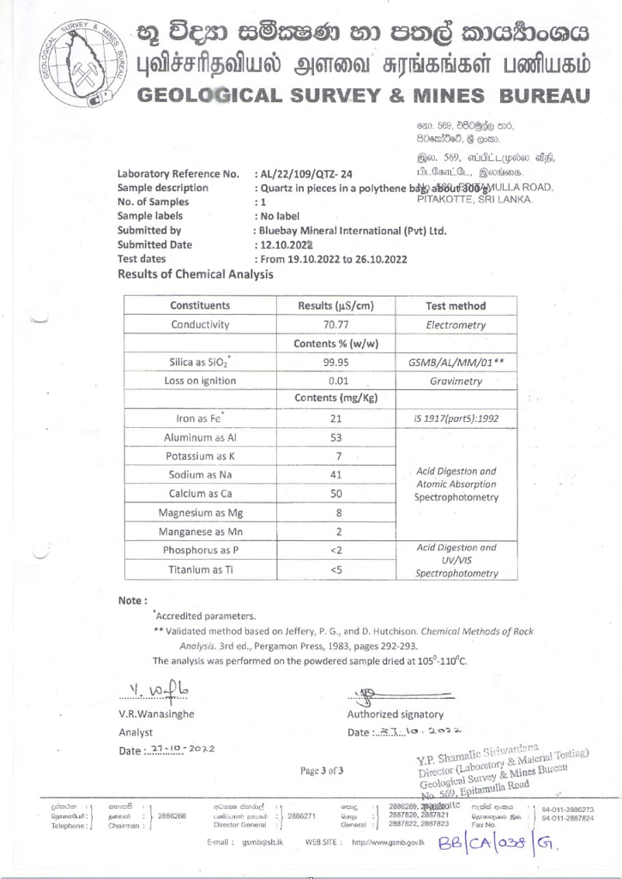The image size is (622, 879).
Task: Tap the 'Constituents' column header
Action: (x=199, y=304)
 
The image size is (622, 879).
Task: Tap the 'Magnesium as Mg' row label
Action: (x=199, y=513)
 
